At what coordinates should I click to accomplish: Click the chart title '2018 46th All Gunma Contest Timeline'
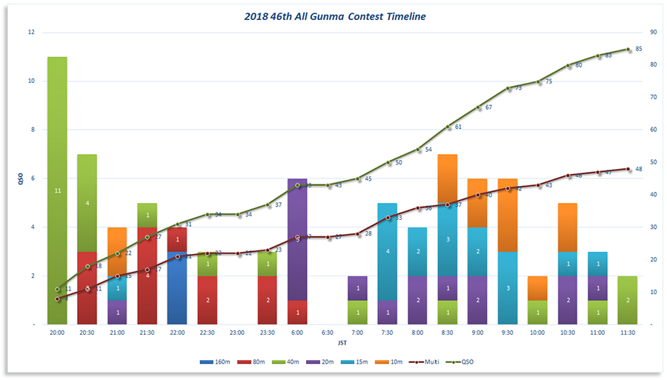[336, 16]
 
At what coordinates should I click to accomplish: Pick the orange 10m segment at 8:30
[448, 179]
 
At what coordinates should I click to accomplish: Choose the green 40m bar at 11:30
[628, 300]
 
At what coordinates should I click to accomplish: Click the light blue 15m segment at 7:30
[388, 251]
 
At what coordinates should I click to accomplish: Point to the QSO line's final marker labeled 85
[628, 50]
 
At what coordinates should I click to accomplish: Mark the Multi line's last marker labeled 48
[628, 169]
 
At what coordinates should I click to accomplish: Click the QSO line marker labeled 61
[448, 127]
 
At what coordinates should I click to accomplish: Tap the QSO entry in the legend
[464, 362]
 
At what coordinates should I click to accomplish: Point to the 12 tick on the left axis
[30, 33]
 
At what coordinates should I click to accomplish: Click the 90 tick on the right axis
[652, 33]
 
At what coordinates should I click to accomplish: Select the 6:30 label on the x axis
[328, 333]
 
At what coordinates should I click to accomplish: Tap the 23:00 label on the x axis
[237, 333]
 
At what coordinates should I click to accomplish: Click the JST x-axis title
[342, 343]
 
